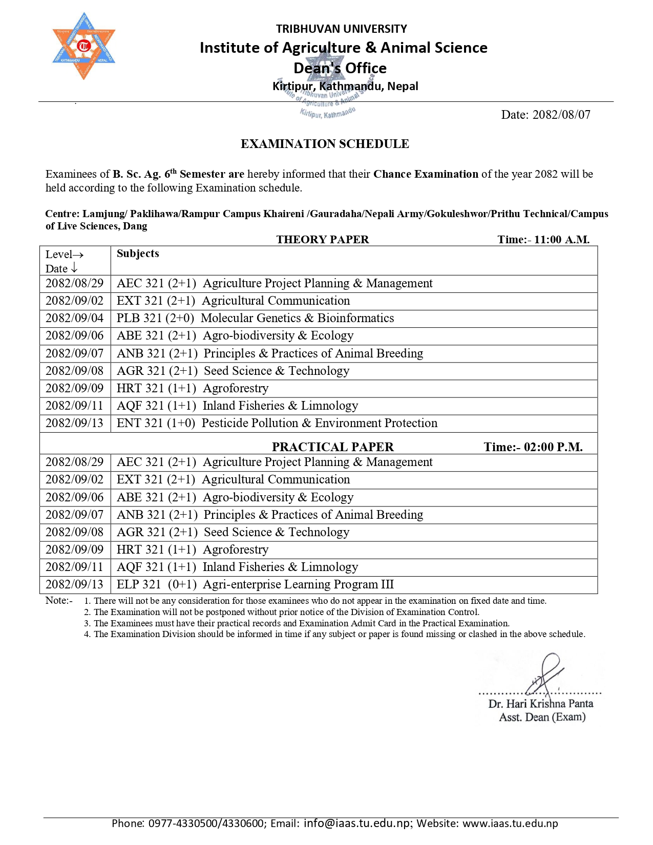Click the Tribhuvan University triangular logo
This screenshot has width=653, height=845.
83,47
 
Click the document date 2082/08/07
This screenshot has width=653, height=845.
545,115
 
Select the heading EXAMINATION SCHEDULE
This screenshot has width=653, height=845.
325,144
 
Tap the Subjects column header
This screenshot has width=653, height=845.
138,253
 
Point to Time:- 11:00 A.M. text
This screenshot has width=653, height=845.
543,239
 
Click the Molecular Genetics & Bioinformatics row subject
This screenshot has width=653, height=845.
255,318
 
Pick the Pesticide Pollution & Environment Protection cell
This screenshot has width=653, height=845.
277,423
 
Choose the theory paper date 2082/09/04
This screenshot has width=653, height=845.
75,318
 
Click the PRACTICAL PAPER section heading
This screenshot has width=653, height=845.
332,447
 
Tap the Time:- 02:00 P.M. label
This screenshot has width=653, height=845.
533,447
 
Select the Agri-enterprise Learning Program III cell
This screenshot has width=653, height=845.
255,584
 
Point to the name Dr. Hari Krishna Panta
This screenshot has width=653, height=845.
540,704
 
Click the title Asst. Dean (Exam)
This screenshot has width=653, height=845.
542,717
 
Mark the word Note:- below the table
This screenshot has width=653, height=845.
59,600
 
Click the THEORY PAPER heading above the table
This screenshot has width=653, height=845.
322,239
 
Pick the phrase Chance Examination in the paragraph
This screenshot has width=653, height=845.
426,174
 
